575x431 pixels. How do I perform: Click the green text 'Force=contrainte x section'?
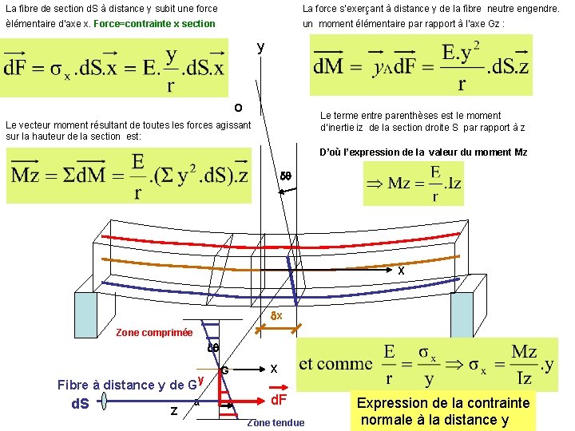click(154, 24)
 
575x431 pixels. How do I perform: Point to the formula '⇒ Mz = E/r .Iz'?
click(413, 183)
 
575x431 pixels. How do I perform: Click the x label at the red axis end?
click(401, 271)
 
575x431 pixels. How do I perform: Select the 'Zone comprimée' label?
click(154, 333)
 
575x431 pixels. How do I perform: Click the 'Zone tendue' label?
click(276, 422)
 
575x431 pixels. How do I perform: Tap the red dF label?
click(279, 399)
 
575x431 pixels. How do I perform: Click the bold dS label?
click(80, 404)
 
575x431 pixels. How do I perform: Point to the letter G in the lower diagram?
click(225, 370)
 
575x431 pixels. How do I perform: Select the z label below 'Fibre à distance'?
click(173, 410)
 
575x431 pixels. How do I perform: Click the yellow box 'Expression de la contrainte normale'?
click(445, 411)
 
